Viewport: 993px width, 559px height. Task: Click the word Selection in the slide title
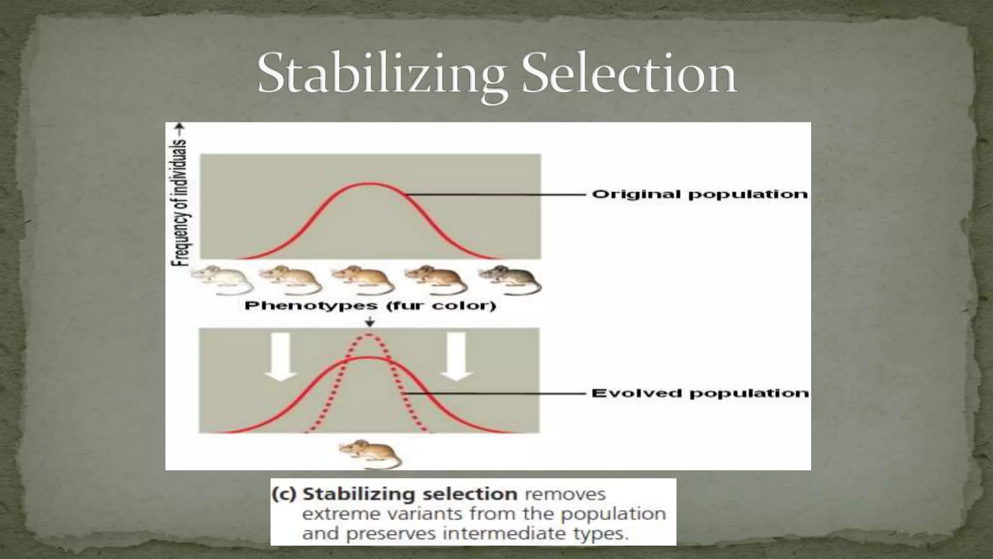(x=629, y=74)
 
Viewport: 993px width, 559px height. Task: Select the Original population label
(x=700, y=195)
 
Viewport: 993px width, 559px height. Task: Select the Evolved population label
(x=700, y=393)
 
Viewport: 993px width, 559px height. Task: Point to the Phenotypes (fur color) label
(x=370, y=306)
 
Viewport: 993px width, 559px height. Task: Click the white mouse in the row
(x=221, y=280)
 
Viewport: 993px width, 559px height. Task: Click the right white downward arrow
(x=456, y=357)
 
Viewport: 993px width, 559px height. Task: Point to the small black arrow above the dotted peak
(x=370, y=322)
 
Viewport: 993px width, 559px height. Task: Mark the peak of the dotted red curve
(x=369, y=335)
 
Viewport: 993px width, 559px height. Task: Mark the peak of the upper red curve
(x=369, y=184)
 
